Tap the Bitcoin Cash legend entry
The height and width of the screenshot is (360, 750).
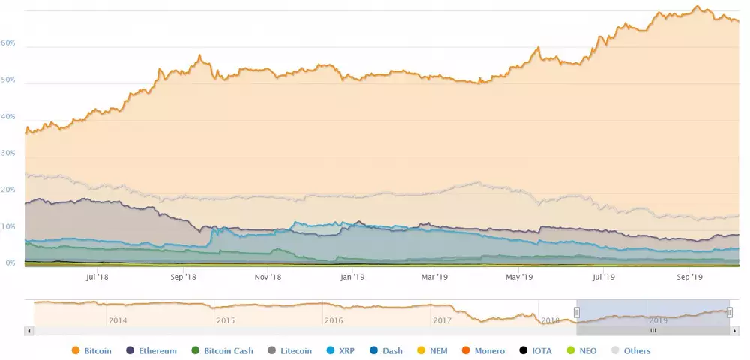tap(223, 350)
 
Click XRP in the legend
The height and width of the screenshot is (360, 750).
tap(347, 350)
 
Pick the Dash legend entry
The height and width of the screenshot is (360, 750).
tap(387, 350)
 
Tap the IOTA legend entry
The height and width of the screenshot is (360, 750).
tap(538, 350)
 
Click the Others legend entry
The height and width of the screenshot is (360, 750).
tap(631, 350)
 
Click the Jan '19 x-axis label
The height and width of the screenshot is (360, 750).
tap(352, 277)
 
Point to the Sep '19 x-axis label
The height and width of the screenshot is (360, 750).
tap(689, 277)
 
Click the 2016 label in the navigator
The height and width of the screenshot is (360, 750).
tap(334, 320)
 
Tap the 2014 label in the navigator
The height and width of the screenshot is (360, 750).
tap(118, 320)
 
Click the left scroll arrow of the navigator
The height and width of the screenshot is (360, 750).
tap(29, 330)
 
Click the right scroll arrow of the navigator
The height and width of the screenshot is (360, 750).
tap(734, 330)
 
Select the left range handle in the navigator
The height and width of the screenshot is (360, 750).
tap(576, 312)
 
